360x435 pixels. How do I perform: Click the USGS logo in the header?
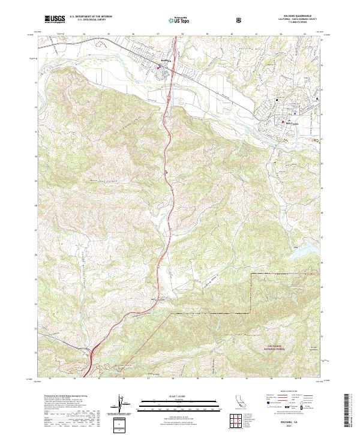click(x=55, y=19)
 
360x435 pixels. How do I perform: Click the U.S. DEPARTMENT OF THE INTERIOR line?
click(x=89, y=17)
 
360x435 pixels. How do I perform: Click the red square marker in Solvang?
click(x=284, y=122)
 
